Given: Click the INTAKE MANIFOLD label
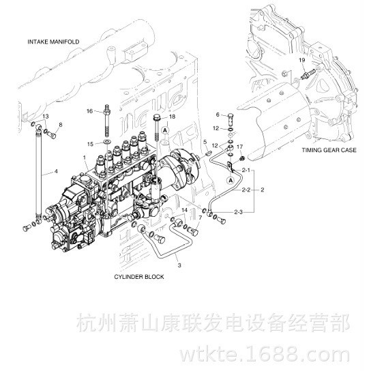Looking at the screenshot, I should point(53,42).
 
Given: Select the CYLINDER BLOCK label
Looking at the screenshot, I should point(138,278).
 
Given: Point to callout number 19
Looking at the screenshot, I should point(301,61).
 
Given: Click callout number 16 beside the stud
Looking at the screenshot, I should point(89,110).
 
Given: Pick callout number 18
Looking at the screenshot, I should point(172,117).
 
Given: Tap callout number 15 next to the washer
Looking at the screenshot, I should point(89,143).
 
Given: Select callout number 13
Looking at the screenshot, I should point(45,117).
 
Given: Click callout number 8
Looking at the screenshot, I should point(60,125).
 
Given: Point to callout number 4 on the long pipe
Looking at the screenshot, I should point(56,170).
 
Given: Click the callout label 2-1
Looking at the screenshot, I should point(247,169).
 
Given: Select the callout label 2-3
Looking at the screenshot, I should point(239,213).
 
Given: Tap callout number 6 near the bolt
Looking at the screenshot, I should point(218,115).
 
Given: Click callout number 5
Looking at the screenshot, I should point(204,141).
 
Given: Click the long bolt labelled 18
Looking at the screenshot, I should point(158,131).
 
